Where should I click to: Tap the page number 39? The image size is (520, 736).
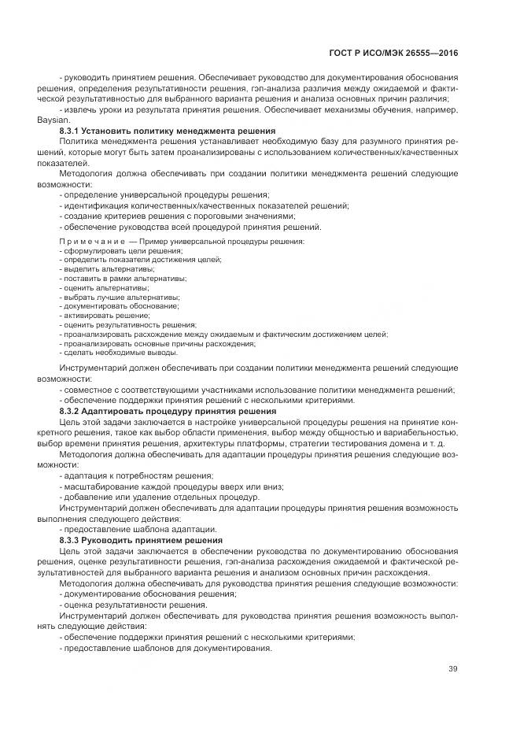click(452, 669)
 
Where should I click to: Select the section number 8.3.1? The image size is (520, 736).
click(72, 130)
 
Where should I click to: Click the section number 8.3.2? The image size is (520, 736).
click(72, 411)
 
